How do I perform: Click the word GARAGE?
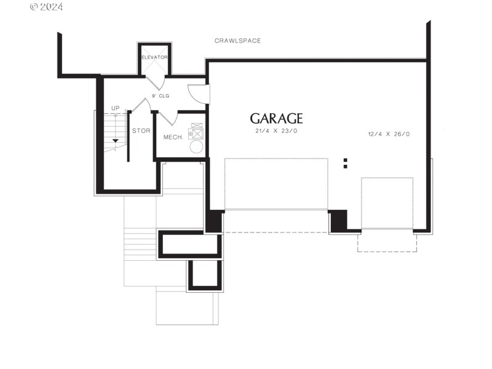[x=276, y=119]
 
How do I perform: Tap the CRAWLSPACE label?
[x=237, y=41]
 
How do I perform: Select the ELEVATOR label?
[x=155, y=57]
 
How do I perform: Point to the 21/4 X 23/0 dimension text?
[x=276, y=132]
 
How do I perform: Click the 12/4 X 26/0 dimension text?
[x=389, y=134]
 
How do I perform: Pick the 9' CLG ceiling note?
[x=161, y=97]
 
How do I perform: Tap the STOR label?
[x=141, y=131]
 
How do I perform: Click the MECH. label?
[x=173, y=137]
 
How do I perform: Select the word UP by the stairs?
[x=116, y=109]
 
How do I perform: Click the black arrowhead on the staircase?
[x=115, y=141]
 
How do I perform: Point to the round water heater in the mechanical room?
[x=196, y=147]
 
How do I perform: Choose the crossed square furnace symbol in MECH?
[x=197, y=132]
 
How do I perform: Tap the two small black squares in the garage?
[x=346, y=163]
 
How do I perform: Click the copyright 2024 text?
[x=46, y=7]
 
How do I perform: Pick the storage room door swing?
[x=141, y=106]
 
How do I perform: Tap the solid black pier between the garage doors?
[x=338, y=221]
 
